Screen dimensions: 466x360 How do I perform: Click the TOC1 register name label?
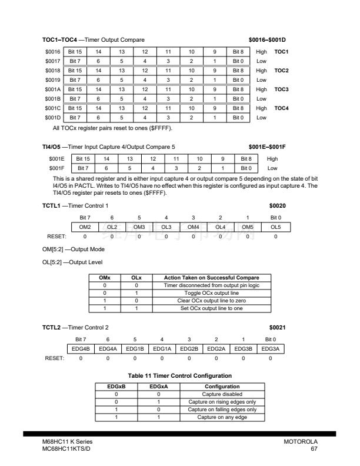click(x=281, y=52)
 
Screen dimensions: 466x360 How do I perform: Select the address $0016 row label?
click(x=54, y=52)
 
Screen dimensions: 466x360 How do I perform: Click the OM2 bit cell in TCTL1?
click(x=85, y=227)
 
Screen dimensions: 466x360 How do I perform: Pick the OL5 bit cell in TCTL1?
click(x=276, y=227)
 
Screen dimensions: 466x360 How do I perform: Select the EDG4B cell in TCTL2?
click(x=81, y=349)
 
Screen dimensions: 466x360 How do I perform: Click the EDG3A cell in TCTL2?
click(x=271, y=349)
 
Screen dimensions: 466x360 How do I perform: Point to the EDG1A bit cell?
click(x=162, y=349)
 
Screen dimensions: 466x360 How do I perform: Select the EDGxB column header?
click(x=116, y=387)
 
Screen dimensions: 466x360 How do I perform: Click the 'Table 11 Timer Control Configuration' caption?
click(x=180, y=375)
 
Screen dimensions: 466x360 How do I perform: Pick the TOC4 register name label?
click(x=281, y=108)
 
